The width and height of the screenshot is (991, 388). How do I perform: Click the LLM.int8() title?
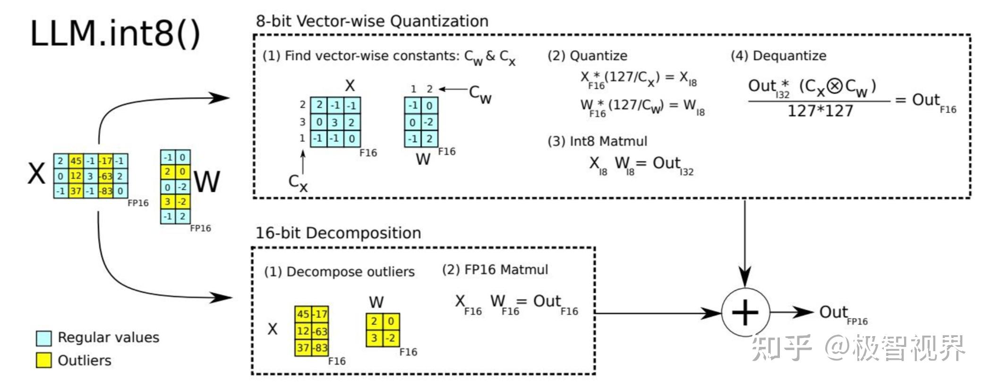115,34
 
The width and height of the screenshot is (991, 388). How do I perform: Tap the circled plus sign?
745,312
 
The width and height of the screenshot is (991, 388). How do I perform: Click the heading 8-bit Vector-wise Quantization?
372,21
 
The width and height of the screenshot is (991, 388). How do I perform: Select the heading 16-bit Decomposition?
338,233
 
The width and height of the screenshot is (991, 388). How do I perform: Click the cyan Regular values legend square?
43,338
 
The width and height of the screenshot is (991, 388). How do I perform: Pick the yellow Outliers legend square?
43,361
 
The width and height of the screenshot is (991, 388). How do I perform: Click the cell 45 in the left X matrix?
76,161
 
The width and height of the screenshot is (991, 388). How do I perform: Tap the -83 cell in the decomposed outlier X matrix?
320,348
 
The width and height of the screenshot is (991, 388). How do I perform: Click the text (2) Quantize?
587,56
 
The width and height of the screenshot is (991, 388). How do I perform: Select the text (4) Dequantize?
778,56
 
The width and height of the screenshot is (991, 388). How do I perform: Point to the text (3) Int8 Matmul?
597,141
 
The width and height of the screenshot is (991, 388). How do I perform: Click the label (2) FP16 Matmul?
495,270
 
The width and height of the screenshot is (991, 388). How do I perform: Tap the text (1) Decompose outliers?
339,272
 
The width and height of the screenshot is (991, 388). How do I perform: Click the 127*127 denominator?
820,111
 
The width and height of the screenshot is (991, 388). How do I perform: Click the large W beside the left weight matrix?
207,181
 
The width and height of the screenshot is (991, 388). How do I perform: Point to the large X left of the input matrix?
36,173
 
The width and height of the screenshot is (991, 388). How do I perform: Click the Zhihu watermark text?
858,348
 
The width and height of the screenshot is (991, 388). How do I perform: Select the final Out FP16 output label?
843,314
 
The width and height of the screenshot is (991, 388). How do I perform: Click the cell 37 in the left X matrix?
76,191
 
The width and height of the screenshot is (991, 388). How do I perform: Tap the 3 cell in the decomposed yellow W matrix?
374,338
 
